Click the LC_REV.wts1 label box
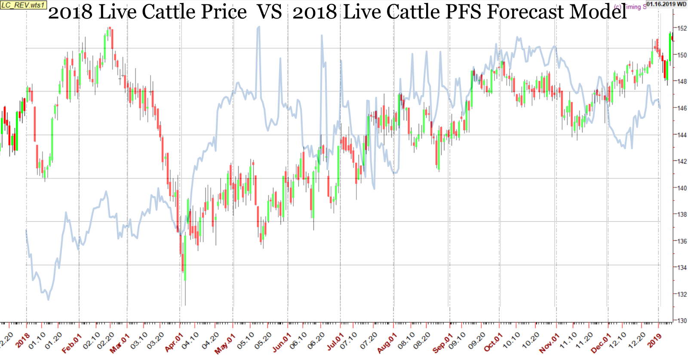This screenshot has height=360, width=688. coord(23,5)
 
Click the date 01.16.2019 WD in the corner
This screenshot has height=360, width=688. coord(666,4)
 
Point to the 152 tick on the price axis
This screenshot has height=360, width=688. coord(681,28)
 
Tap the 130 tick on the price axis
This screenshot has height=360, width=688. coord(681,321)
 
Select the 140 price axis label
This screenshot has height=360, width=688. coord(681,188)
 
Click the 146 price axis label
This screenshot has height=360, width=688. coord(681,108)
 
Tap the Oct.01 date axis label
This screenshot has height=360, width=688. coord(493,343)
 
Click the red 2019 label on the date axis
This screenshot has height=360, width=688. coord(654,341)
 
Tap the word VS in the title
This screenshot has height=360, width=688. coord(270,12)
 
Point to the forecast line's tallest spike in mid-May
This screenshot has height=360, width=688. coord(258,28)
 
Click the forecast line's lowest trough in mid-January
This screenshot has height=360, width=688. coord(48,299)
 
